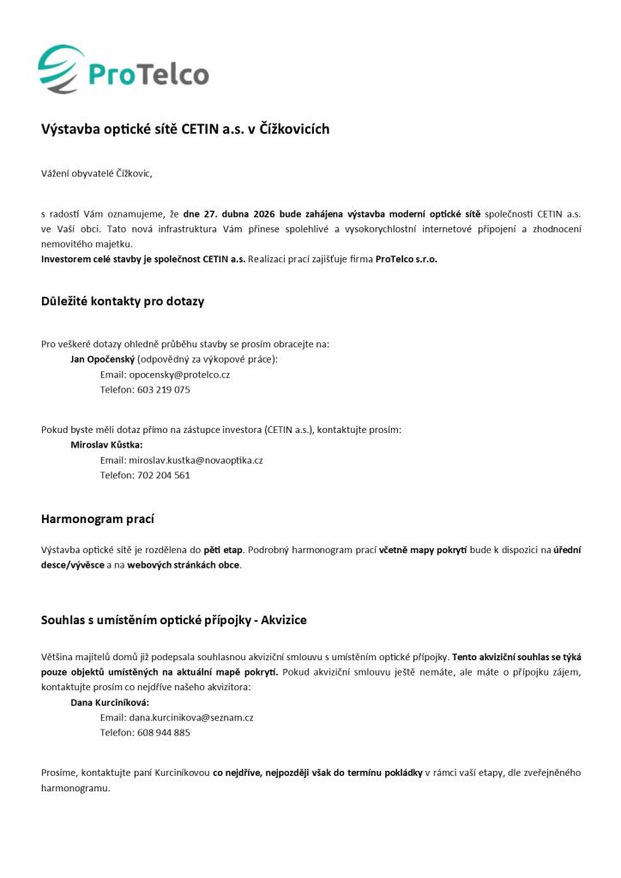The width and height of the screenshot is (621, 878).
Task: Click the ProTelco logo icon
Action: click(62, 69)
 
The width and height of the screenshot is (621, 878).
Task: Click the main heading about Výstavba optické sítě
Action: click(185, 129)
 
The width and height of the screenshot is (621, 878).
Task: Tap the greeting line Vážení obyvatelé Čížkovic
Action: click(96, 173)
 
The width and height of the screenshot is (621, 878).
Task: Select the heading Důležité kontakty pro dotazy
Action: click(123, 301)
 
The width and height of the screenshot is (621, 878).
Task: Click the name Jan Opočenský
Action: click(102, 359)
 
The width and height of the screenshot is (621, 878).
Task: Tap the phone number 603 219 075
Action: click(164, 389)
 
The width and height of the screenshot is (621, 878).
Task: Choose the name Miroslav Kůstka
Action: click(106, 445)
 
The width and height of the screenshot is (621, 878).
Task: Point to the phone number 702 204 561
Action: click(164, 475)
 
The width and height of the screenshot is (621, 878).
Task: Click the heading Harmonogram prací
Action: click(98, 519)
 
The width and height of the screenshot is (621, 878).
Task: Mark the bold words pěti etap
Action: click(224, 550)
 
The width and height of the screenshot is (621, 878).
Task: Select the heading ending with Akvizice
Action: click(174, 619)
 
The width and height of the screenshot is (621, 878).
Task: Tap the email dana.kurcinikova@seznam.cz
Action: click(190, 718)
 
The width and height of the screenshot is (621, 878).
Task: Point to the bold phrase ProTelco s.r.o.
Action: click(407, 259)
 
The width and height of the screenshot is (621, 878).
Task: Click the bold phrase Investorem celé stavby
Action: click(92, 259)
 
